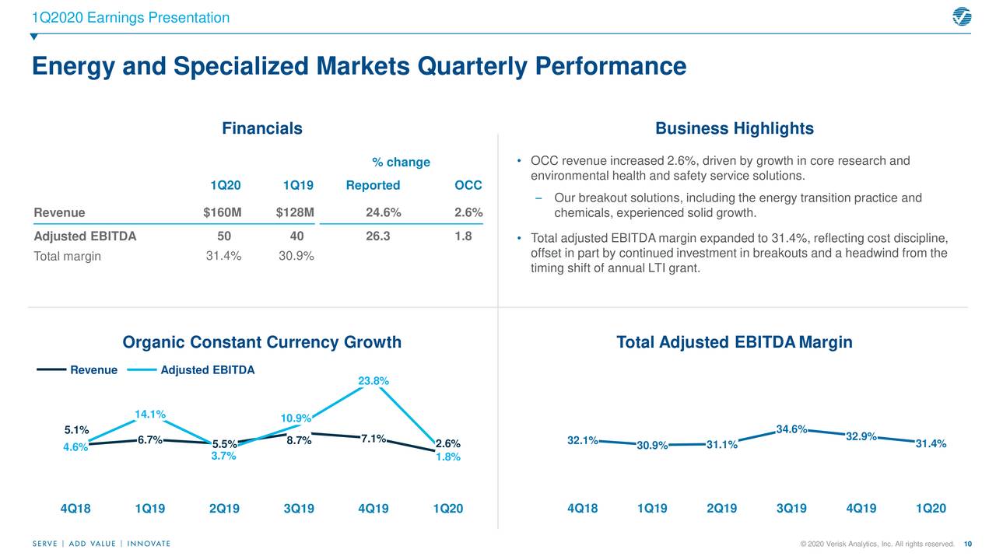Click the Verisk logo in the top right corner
962,16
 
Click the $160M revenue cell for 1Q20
222,213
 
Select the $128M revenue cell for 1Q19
295,213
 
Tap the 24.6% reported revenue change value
383,213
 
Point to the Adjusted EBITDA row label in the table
85,236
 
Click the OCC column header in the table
468,185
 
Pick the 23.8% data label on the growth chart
373,380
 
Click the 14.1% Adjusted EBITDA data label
150,414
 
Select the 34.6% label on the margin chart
791,429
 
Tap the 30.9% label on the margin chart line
652,446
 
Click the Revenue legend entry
93,370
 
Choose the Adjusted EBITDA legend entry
207,370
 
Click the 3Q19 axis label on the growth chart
299,509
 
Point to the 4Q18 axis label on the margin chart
583,509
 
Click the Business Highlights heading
734,128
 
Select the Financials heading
262,128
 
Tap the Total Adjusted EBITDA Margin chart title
734,342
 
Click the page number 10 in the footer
968,544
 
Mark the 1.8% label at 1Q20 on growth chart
448,457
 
